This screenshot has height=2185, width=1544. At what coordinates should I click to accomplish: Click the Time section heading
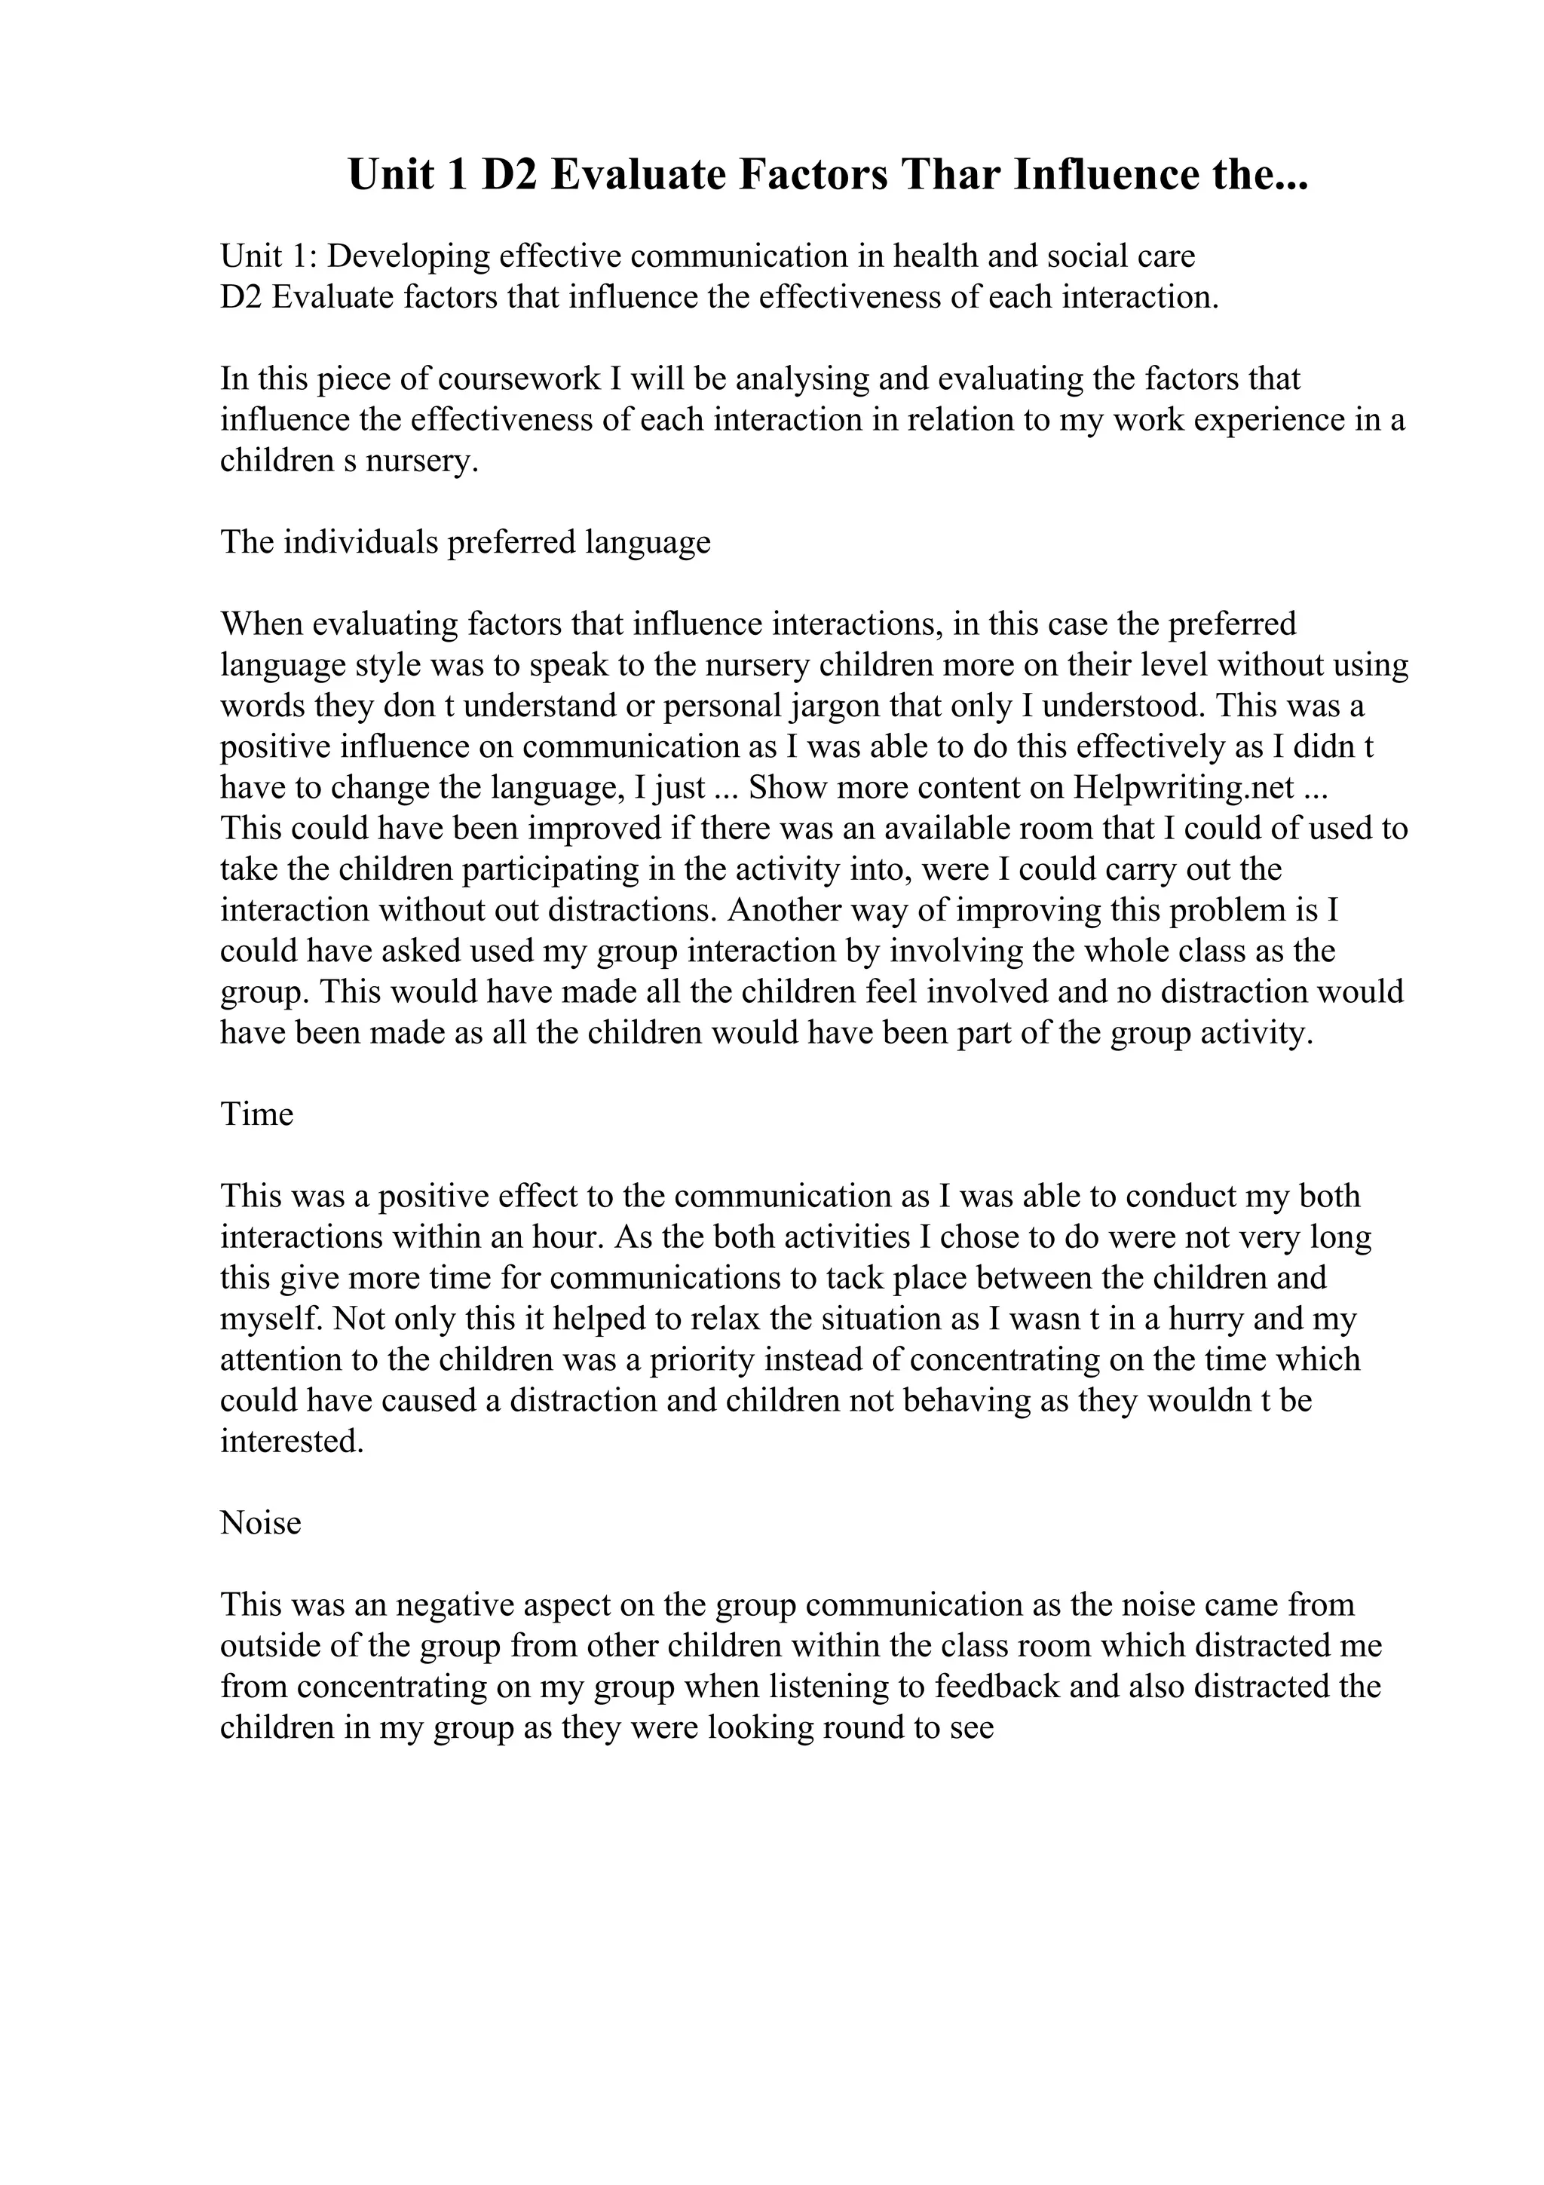pos(257,1114)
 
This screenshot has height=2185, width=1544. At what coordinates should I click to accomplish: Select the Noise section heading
pos(261,1523)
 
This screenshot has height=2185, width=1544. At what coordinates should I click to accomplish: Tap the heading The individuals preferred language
pos(465,542)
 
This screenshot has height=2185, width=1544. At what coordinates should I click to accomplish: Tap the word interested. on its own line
pos(292,1441)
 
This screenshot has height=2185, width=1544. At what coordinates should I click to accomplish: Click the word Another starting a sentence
pos(784,910)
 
